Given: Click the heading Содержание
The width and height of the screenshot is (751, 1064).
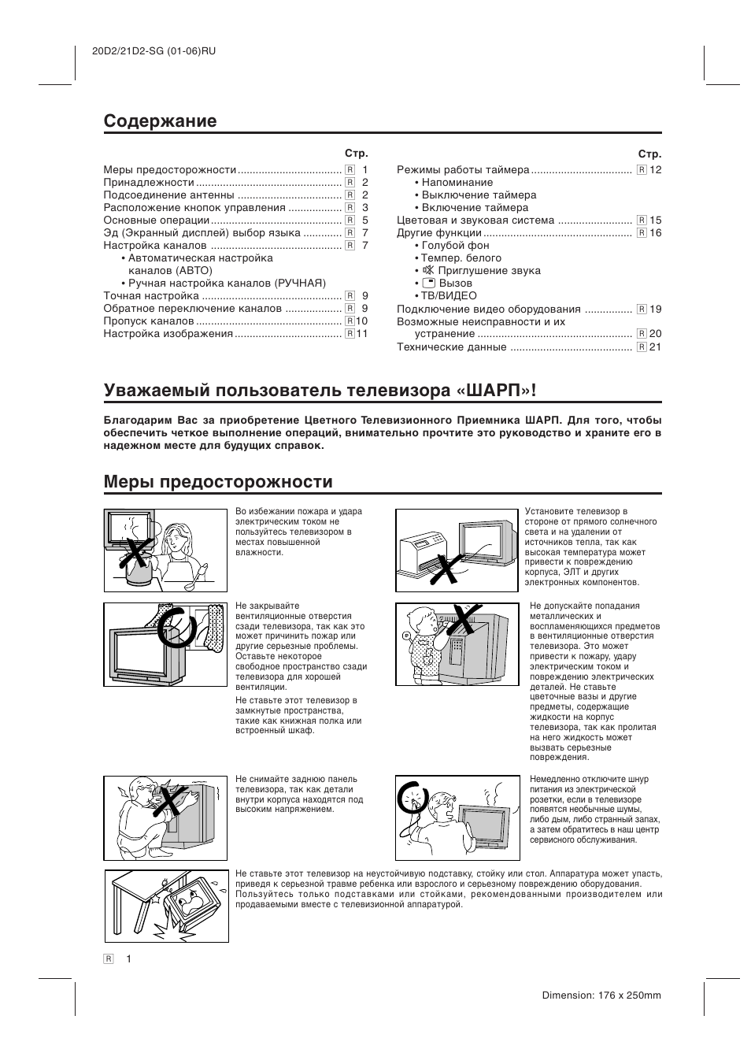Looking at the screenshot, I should coord(160,121).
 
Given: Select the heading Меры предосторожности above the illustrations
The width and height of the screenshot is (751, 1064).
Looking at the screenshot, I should coord(218,481).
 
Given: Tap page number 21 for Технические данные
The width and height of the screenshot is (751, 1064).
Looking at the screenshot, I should coord(655,347).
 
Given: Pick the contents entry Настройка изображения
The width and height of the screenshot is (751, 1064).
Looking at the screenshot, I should coord(168,334).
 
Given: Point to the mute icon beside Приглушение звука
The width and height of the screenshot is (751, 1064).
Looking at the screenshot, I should coord(428,270).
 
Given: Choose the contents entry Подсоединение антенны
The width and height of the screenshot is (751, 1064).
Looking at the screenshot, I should coord(168,195).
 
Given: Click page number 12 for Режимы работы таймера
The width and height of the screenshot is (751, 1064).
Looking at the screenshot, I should coord(655,170).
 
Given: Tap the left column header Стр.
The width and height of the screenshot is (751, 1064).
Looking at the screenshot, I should coord(357,154).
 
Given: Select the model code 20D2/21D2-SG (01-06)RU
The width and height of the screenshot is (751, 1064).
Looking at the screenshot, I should coord(148,51).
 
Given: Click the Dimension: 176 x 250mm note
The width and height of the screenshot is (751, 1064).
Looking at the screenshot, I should coord(601,995).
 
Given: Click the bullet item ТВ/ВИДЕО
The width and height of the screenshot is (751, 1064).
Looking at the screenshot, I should coord(449,296).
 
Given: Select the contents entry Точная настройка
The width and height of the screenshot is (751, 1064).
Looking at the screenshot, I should coord(151,296).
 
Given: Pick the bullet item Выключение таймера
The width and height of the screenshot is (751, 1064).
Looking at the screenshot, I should coord(479,195).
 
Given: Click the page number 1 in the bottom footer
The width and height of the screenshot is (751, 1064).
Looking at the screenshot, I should coord(128,958).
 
